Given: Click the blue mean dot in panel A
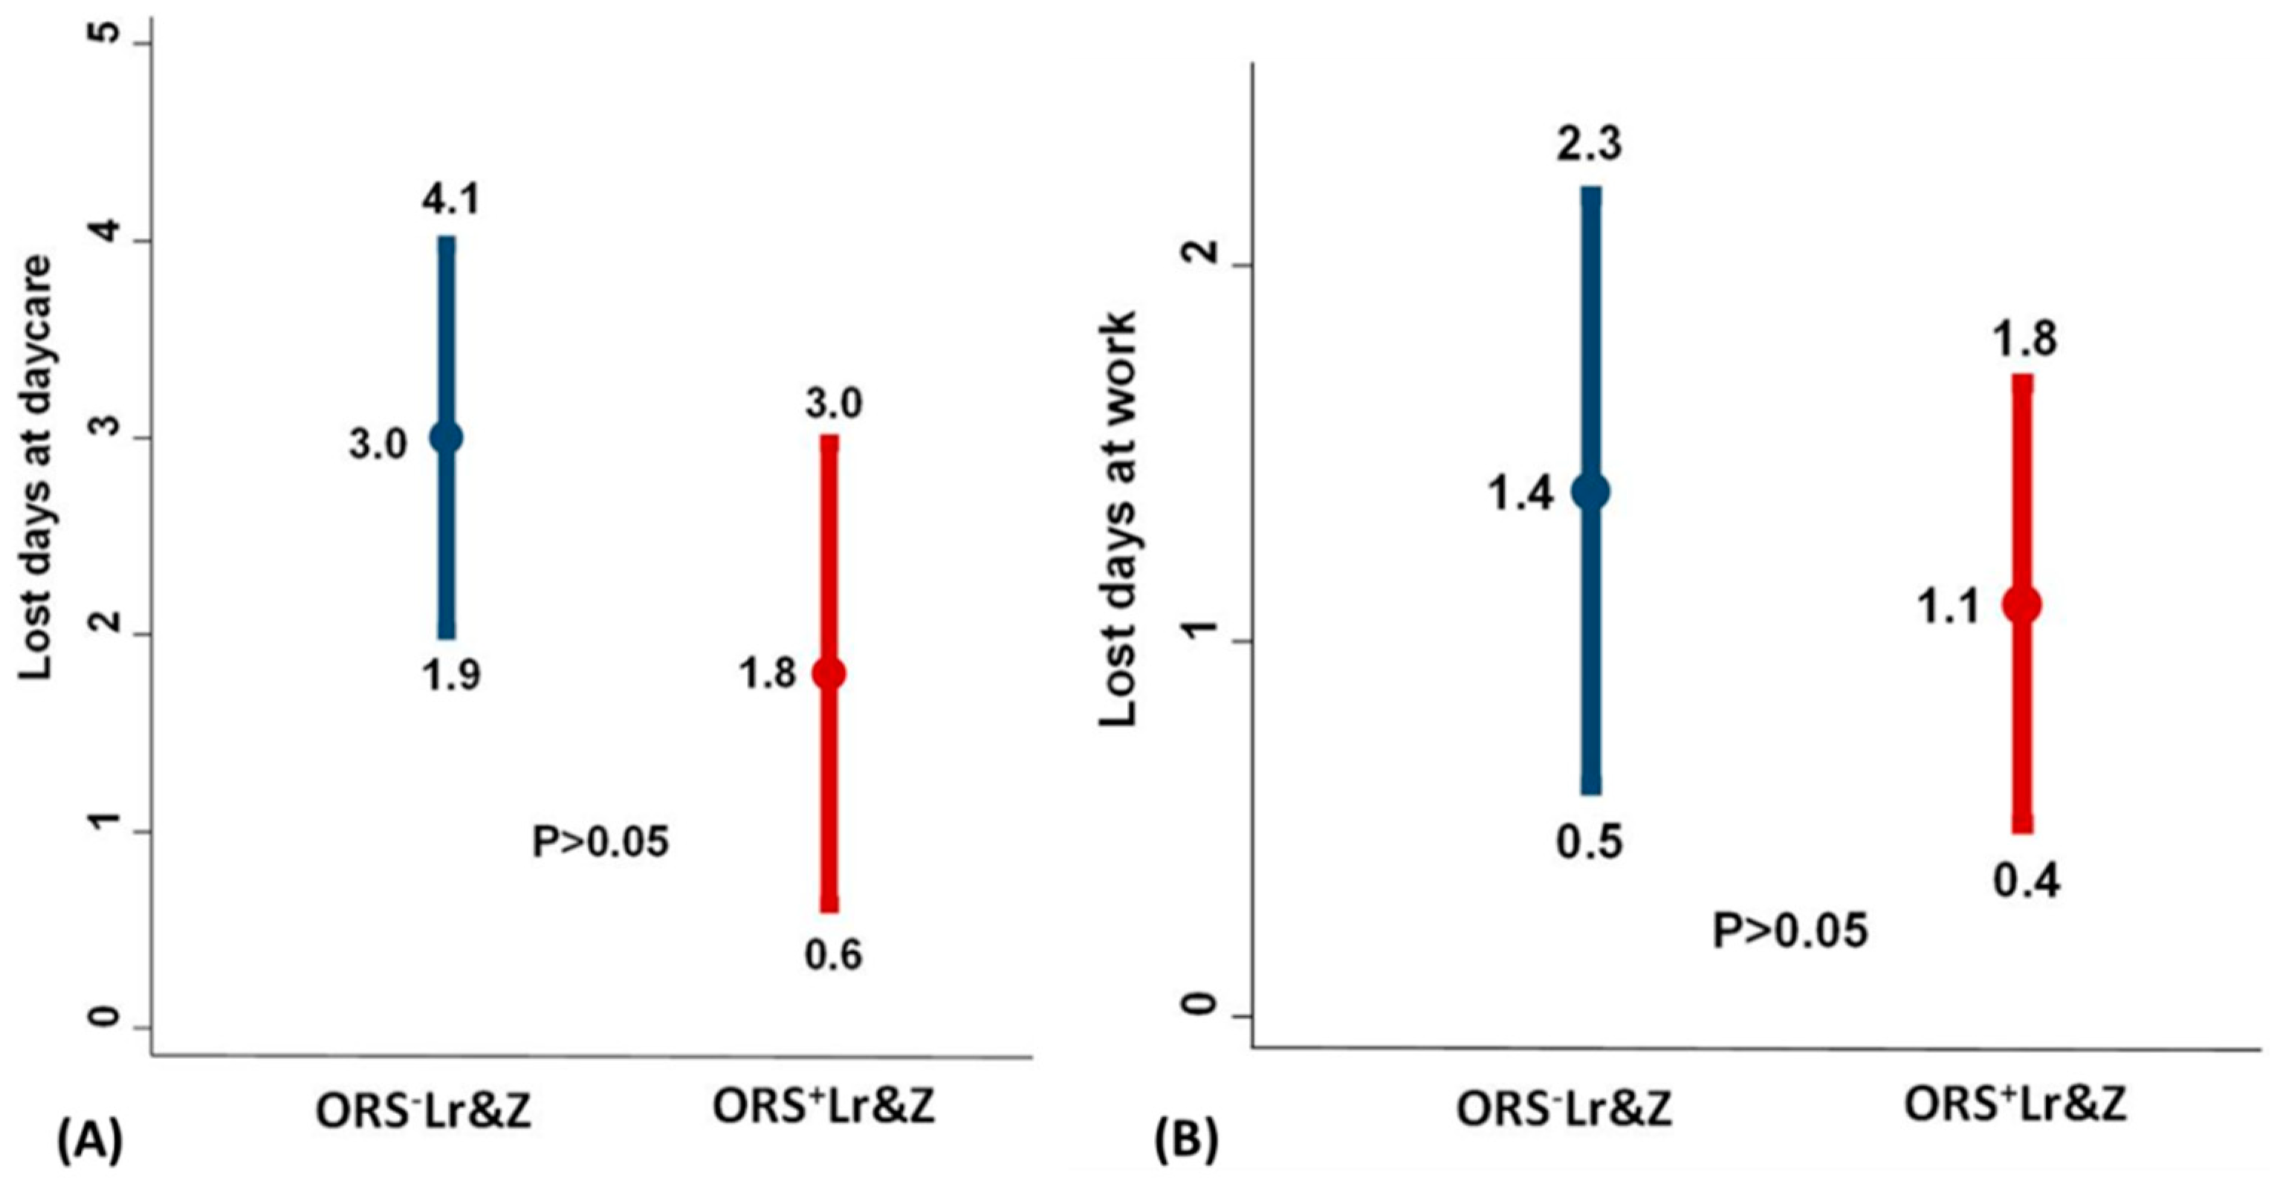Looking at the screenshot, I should coord(447,437).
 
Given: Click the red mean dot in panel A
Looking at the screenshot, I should coord(829,673).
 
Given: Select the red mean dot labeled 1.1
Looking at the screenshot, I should coord(2022,605).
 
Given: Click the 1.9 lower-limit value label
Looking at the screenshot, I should coord(450,676).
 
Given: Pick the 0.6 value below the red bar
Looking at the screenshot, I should coord(832,955).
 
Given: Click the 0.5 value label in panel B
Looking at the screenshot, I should coord(1589,841).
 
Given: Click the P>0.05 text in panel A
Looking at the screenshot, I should coord(600,841).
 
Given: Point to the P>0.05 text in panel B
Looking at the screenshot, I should coord(1790,931).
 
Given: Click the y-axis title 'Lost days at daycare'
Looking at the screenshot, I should coord(36,468).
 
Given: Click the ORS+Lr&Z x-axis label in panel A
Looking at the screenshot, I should coord(823,1106).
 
